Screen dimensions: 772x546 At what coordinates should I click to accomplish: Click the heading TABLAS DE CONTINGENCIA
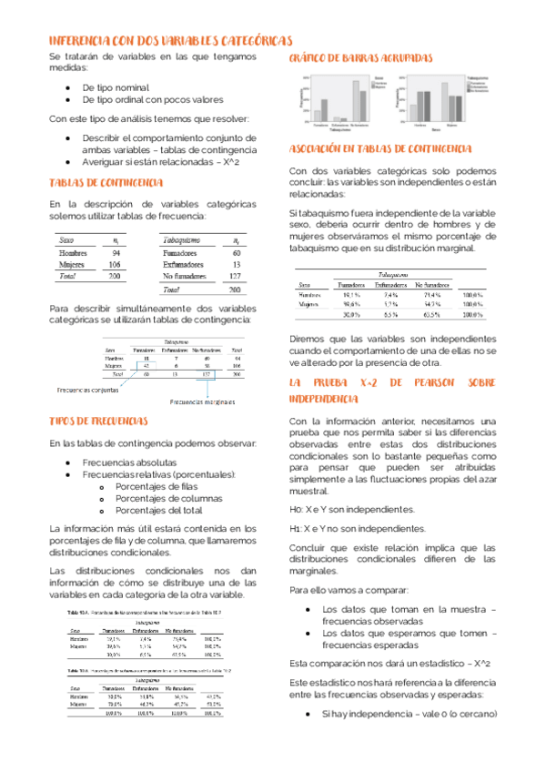106,183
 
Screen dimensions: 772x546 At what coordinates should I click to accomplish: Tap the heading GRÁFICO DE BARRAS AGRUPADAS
360,58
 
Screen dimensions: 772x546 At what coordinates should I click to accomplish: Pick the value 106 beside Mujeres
115,265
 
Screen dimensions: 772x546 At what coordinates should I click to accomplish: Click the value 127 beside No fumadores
235,276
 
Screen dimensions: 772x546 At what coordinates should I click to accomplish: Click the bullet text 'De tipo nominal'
116,87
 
